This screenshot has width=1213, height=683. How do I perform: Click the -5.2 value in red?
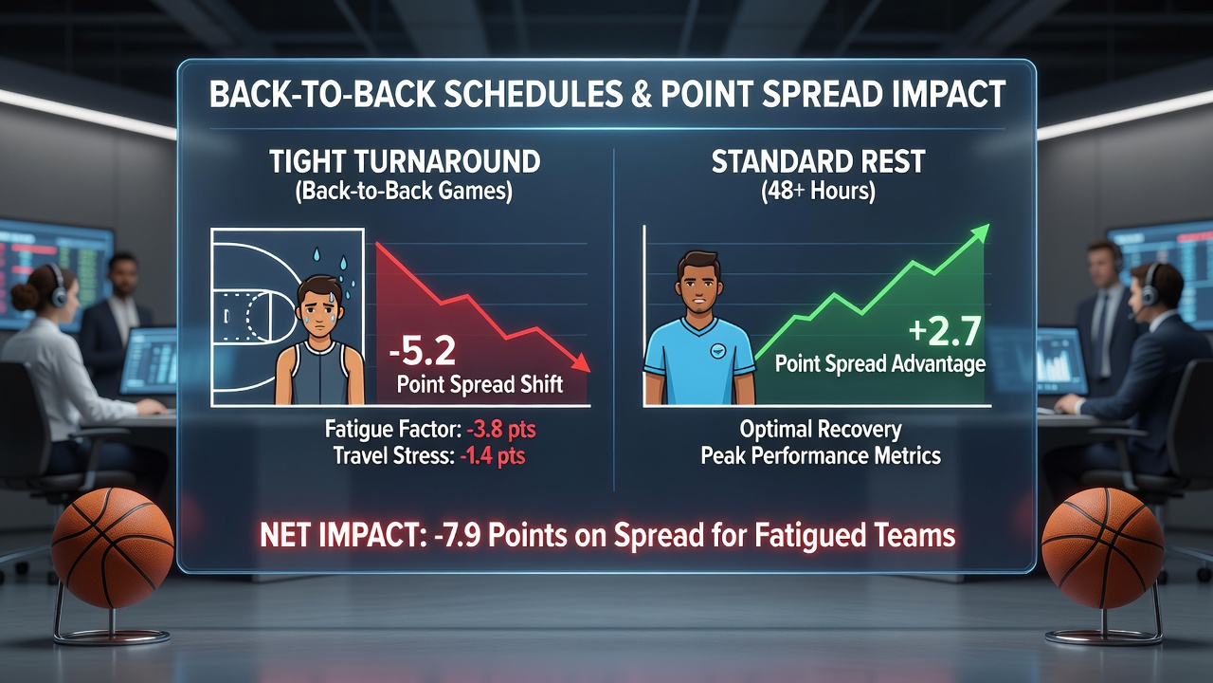[x=423, y=351]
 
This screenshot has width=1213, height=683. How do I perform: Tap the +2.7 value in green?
[x=945, y=331]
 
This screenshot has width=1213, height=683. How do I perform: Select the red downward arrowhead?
[x=581, y=361]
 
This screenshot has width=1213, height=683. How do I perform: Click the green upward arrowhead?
[x=979, y=233]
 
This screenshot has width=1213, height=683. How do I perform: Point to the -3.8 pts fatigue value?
[x=501, y=430]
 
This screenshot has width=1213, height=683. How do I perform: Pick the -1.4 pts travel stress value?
[x=492, y=455]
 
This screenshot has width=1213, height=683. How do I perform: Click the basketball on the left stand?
[x=113, y=547]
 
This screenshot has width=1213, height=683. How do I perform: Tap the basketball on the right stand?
[x=1102, y=547]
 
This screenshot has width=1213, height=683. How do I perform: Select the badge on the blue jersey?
[x=717, y=351]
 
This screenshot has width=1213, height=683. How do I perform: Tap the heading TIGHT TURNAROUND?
[x=405, y=161]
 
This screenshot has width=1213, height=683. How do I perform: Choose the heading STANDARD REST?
[x=818, y=161]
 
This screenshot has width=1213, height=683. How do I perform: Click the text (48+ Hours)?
[x=818, y=191]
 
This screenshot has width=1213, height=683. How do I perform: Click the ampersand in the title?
[x=641, y=94]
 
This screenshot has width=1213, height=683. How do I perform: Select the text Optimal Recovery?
[x=821, y=430]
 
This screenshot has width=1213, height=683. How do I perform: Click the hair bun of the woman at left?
[x=24, y=297]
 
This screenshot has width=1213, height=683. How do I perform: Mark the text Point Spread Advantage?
[x=880, y=363]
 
